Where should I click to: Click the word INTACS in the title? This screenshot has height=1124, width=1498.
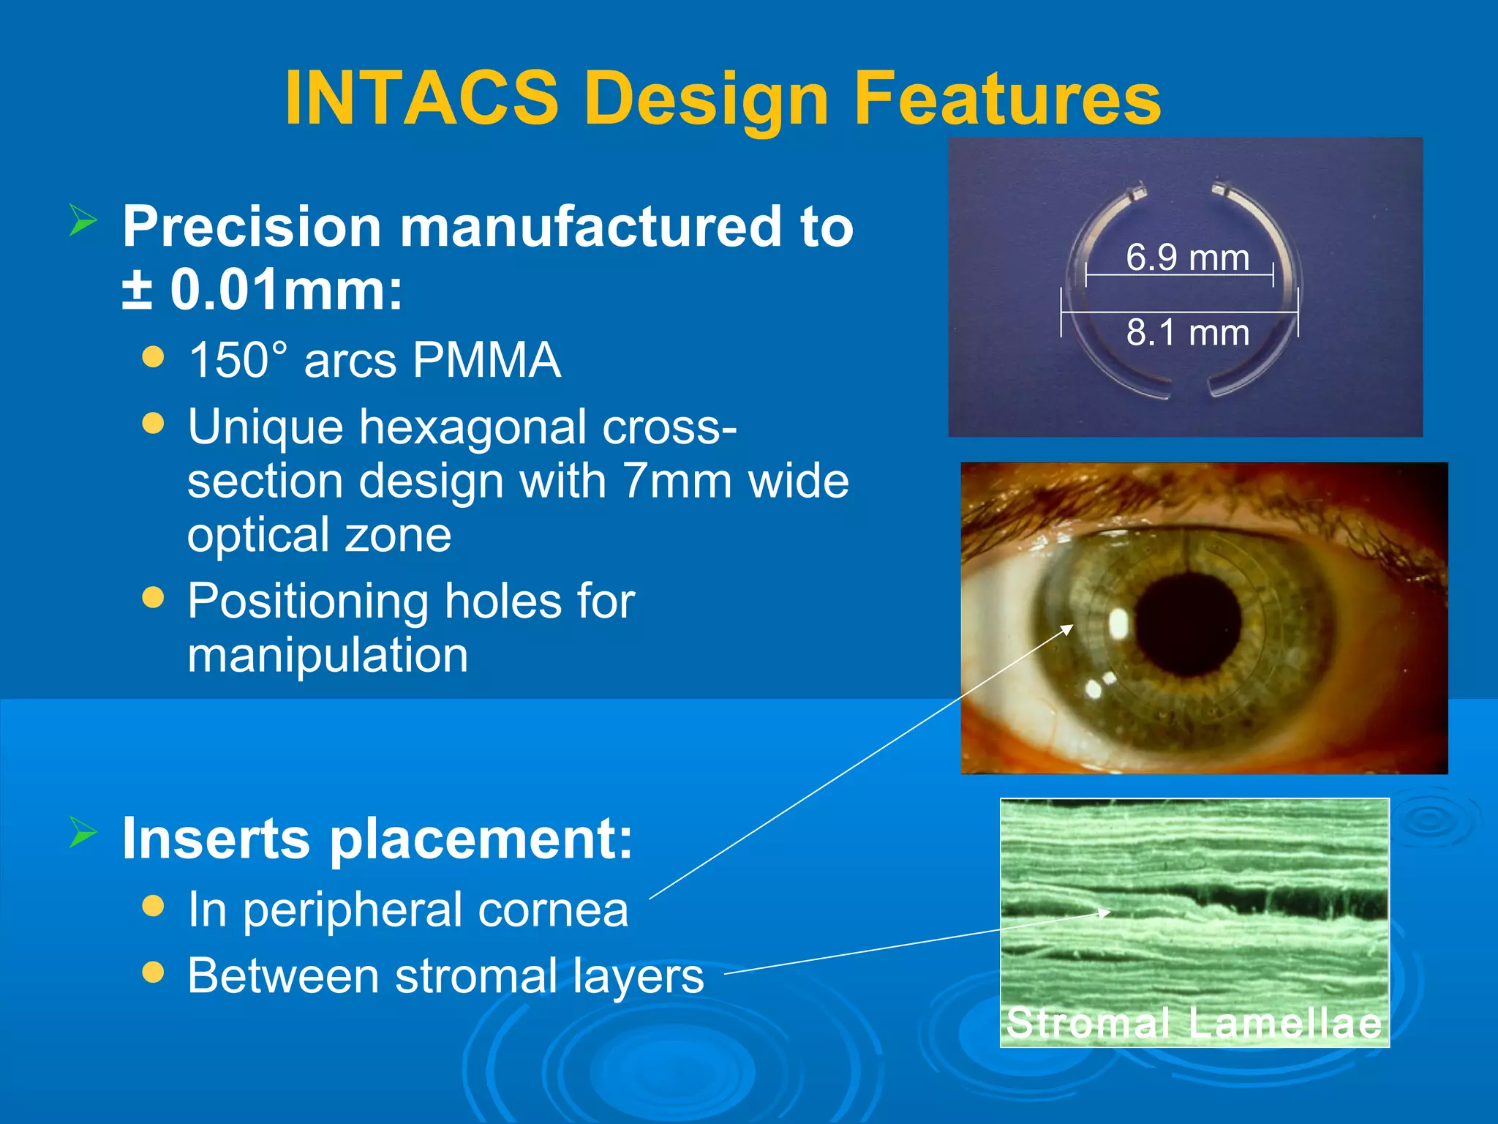[x=422, y=98]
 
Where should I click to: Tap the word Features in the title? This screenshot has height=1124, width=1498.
[x=1007, y=98]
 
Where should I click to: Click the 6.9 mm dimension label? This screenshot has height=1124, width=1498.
[x=1187, y=258]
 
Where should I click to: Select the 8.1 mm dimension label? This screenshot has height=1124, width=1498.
[x=1187, y=332]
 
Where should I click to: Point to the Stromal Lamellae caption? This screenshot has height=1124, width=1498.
[x=1194, y=1022]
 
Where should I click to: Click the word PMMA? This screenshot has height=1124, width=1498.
[x=486, y=360]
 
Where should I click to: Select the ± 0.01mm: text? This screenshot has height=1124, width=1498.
[x=262, y=290]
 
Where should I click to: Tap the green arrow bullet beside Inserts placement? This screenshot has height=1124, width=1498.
[x=83, y=832]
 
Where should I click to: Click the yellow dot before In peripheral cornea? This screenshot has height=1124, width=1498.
[x=153, y=907]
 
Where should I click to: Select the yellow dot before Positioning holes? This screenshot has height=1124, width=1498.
[x=153, y=598]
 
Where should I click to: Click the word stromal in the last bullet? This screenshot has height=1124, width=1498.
[x=476, y=975]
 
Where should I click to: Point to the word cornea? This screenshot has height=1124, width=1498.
[x=553, y=910]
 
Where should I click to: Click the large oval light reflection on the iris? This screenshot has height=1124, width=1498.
[x=1119, y=623]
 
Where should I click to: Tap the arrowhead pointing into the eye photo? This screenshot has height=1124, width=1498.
[x=1069, y=627]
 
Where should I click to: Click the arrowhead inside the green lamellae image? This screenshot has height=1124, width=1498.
[x=1106, y=913]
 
